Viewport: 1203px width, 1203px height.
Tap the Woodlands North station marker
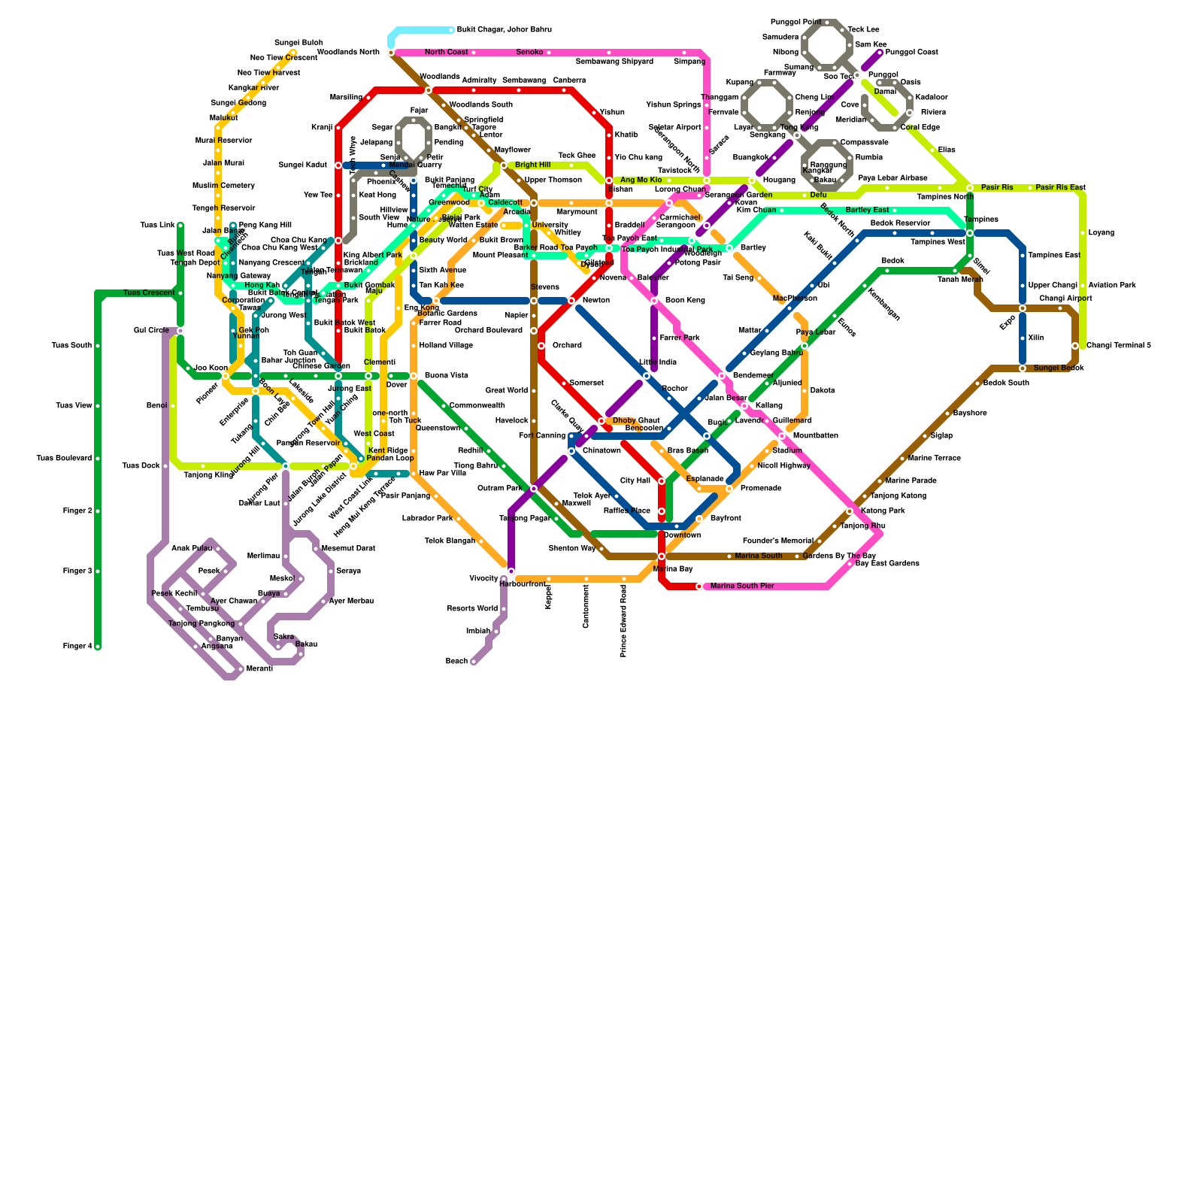tap(391, 53)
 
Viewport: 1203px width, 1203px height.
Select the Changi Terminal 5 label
tap(1118, 346)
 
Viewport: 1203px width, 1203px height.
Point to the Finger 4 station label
tap(77, 647)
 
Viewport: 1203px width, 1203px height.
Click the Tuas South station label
tap(71, 346)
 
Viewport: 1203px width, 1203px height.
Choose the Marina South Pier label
tap(742, 586)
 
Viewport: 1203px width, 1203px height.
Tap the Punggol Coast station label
tap(911, 53)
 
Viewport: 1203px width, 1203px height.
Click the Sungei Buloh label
tap(298, 43)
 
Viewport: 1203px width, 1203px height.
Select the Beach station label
tap(456, 662)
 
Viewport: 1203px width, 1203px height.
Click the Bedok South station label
tap(1006, 383)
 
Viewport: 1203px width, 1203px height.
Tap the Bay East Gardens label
tap(887, 564)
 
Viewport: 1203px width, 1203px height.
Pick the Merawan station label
tap(259, 669)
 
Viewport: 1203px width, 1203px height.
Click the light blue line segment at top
tap(421, 30)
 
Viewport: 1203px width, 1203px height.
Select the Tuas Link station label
tap(157, 226)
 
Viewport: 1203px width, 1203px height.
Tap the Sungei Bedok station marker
tap(1023, 368)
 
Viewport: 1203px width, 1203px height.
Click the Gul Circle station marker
tap(180, 331)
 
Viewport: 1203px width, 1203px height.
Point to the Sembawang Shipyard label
tap(614, 62)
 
